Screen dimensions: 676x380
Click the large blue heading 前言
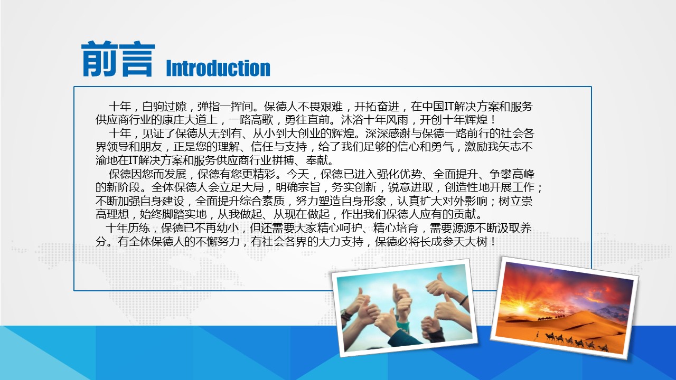[118, 59]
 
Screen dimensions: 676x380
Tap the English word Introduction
[218, 68]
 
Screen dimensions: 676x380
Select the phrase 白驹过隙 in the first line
[164, 107]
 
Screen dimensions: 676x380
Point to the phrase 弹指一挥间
[225, 107]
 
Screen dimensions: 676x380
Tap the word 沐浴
[352, 120]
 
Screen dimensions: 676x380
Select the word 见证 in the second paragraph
[153, 134]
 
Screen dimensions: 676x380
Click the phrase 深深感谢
[388, 134]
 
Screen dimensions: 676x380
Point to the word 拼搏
[283, 160]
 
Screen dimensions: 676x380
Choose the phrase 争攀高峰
[512, 174]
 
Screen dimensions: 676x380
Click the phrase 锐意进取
[410, 187]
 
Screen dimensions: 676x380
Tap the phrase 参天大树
[465, 241]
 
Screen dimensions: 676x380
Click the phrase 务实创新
[354, 187]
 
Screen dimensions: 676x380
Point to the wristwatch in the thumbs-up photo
[346, 315]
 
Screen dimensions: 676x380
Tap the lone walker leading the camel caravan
[537, 335]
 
